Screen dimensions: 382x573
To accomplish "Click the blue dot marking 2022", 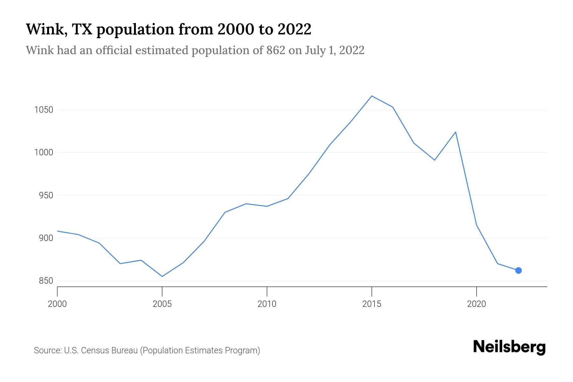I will [518, 270].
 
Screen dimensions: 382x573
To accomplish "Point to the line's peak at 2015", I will [371, 96].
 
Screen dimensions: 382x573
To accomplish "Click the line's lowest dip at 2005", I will [162, 276].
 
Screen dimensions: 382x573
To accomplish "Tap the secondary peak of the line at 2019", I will [456, 132].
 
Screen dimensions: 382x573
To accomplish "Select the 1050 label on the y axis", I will [44, 110].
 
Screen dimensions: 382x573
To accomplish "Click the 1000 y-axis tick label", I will [44, 152].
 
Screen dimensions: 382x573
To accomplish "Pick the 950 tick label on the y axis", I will [46, 195].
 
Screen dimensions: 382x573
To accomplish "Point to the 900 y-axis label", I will [46, 238].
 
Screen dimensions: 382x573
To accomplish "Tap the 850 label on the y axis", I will [46, 281].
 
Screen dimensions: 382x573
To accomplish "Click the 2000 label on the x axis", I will [57, 304].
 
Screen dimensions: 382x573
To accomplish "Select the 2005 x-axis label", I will [162, 304].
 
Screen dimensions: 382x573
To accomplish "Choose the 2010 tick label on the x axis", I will [267, 304].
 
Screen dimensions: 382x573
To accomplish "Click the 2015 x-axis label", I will [371, 304].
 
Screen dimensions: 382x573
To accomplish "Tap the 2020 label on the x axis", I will [476, 304].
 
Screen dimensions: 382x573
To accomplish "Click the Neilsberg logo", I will [509, 347].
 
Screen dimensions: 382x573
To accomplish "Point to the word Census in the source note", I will [94, 350].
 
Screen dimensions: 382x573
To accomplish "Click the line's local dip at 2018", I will [435, 160].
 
